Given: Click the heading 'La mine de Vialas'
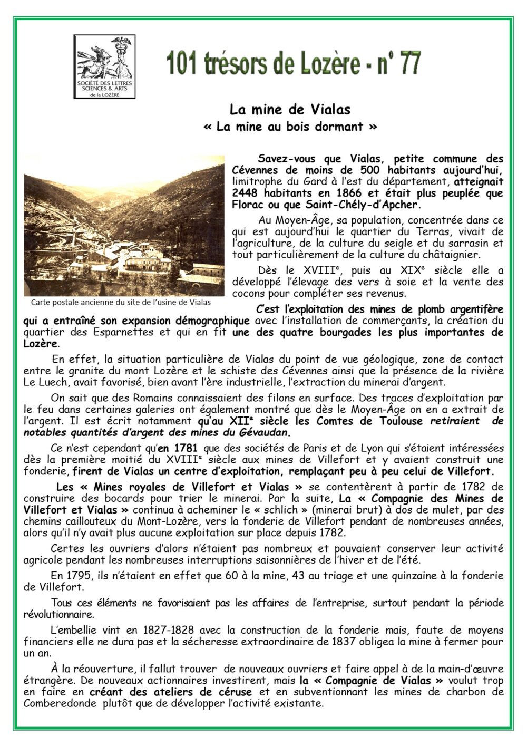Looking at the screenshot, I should [290, 110].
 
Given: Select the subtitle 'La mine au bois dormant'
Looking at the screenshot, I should [290, 127].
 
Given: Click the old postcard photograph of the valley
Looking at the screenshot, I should [124, 226].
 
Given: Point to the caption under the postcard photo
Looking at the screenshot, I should [121, 303].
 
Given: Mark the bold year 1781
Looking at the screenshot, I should [170, 448].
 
